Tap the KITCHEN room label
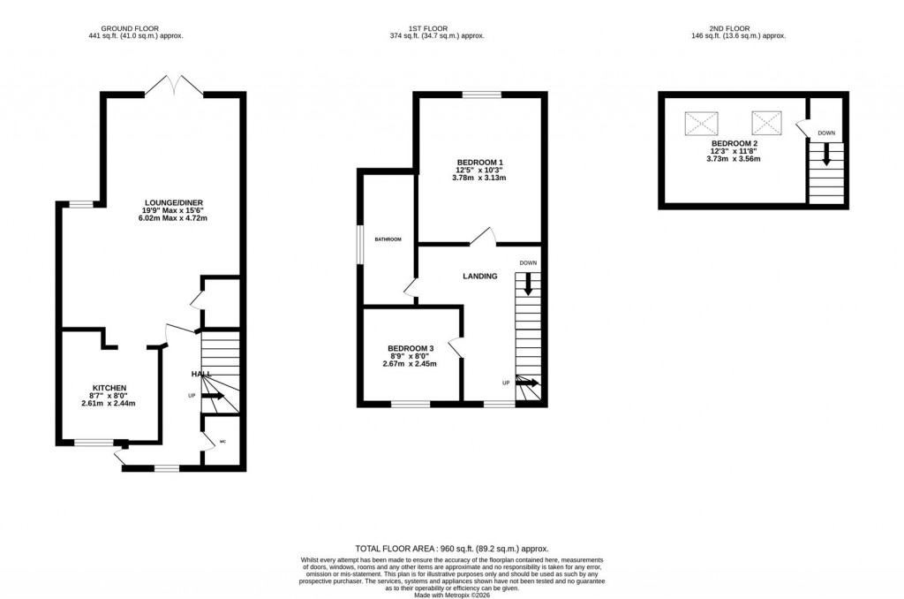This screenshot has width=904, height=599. [x=110, y=388]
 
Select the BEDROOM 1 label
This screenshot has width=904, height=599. [x=479, y=162]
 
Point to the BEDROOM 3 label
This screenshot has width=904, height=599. [x=410, y=348]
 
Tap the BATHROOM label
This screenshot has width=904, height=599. [x=388, y=239]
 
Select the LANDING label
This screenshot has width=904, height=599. [x=480, y=277]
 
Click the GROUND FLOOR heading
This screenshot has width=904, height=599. [x=136, y=27]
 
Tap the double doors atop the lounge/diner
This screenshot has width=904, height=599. [x=175, y=85]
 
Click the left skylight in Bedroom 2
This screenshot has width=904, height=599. [x=702, y=121]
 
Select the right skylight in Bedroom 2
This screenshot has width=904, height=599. [x=766, y=121]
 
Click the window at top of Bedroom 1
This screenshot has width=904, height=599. [x=481, y=94]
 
